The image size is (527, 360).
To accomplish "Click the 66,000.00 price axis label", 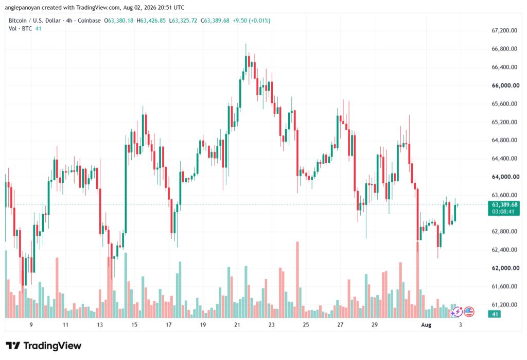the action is (x=505, y=85).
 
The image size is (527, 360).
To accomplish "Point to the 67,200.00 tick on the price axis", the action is (x=504, y=30).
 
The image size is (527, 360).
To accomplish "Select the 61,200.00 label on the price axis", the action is (x=504, y=305).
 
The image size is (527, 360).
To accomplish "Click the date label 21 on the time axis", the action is (x=237, y=324).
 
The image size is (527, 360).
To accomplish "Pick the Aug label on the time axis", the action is (x=426, y=324).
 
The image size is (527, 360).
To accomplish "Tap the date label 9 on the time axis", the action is (x=31, y=324).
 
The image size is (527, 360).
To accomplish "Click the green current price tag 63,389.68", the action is (x=504, y=204).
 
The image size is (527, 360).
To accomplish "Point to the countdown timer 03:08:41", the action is (x=503, y=212).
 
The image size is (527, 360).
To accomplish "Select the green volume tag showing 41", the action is (x=495, y=314).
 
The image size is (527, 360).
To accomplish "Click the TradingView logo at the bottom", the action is (x=43, y=346).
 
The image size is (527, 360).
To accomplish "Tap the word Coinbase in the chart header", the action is (x=89, y=21).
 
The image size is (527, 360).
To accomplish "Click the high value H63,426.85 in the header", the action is (x=151, y=21).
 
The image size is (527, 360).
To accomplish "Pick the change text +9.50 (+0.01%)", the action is (x=251, y=21).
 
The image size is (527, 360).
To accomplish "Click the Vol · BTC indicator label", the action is (x=20, y=29).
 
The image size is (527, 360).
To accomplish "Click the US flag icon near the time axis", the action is (x=469, y=312).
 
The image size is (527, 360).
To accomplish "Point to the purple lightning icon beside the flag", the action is (x=456, y=312).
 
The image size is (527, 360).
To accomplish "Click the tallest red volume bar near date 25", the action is (x=297, y=280).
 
